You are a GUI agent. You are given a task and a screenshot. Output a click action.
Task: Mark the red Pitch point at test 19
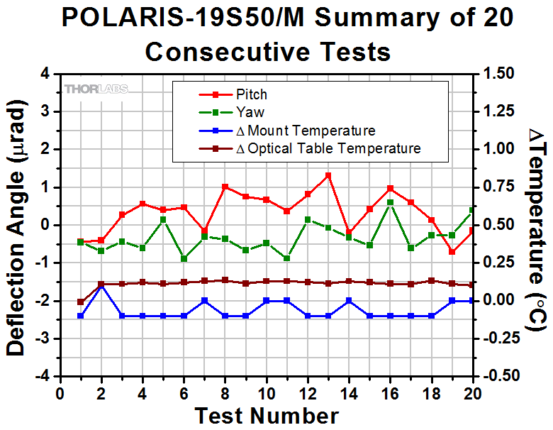(x=452, y=252)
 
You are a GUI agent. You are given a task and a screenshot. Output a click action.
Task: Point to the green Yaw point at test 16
(x=390, y=203)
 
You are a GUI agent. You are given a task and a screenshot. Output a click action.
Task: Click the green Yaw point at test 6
(x=184, y=258)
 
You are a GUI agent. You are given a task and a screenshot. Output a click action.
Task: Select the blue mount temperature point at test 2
(x=101, y=285)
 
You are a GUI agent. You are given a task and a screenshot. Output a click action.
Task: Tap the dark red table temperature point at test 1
(x=80, y=302)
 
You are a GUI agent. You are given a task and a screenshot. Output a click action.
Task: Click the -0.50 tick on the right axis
(x=503, y=376)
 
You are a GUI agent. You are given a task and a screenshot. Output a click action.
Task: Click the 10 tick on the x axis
(x=267, y=392)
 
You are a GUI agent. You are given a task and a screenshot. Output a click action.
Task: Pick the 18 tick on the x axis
(x=431, y=392)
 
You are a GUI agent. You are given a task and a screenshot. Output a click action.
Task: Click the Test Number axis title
(x=266, y=415)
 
